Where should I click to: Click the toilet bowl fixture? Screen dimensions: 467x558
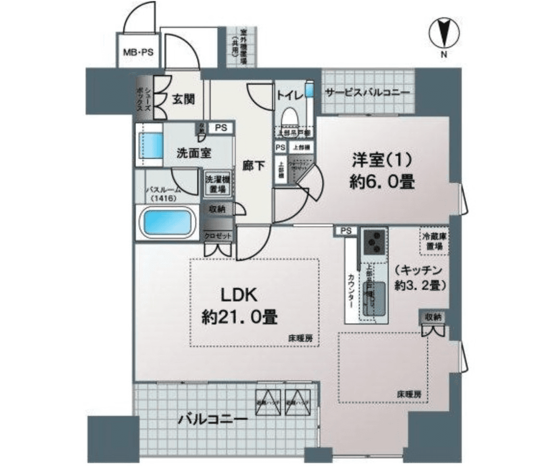coord(290,117)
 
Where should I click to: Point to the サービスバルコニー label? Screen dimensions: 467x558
coord(368,92)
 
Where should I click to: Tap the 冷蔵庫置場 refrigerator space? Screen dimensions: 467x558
coord(434,241)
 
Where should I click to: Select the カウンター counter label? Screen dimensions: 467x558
coord(351,292)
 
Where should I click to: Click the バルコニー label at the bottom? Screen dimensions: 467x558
coord(213,419)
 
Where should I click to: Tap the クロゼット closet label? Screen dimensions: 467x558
coord(218,236)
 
